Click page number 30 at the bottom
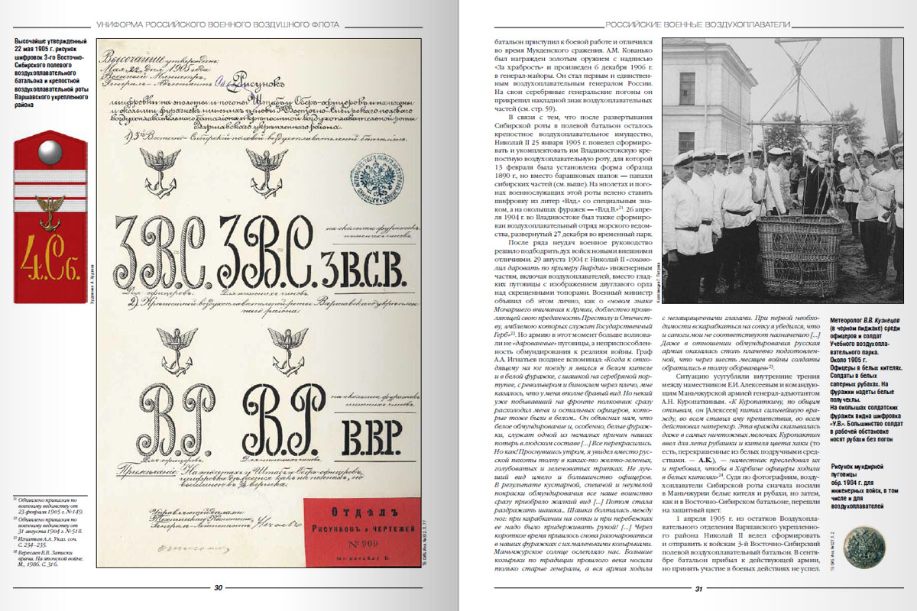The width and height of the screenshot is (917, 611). tap(218, 587)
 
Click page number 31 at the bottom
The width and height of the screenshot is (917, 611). tap(698, 587)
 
